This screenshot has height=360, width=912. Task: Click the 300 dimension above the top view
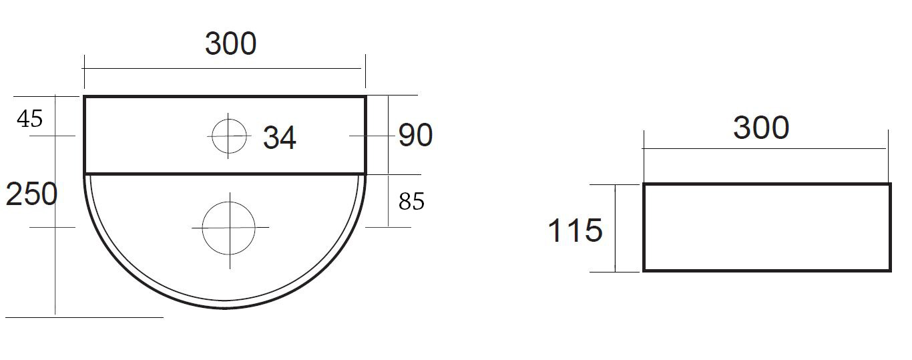(231, 43)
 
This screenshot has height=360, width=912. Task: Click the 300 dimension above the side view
(761, 128)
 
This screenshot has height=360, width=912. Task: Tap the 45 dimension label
(30, 119)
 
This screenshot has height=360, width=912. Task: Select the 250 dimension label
(31, 194)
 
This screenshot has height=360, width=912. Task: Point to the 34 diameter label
(280, 138)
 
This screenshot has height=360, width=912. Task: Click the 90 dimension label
(415, 135)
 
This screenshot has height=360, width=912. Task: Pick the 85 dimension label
(412, 201)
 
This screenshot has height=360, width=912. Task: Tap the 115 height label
(576, 230)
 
